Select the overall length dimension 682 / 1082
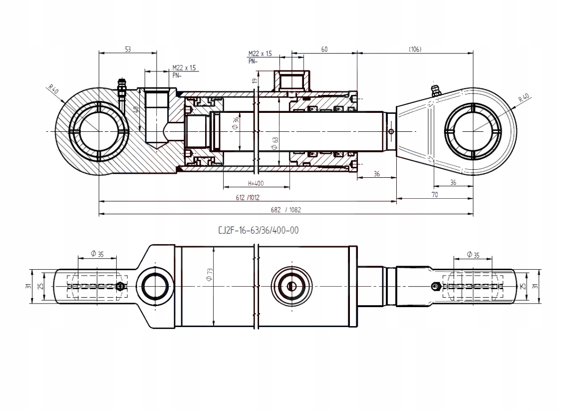(x=286, y=210)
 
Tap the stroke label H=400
(x=256, y=183)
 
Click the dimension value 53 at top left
(x=127, y=49)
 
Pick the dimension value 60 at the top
(x=324, y=49)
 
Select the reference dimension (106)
(x=415, y=49)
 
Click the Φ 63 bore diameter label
(x=275, y=143)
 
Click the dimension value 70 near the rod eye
(x=434, y=195)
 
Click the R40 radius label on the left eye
(x=53, y=90)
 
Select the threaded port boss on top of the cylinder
(x=292, y=80)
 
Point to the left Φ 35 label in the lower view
(x=97, y=254)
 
